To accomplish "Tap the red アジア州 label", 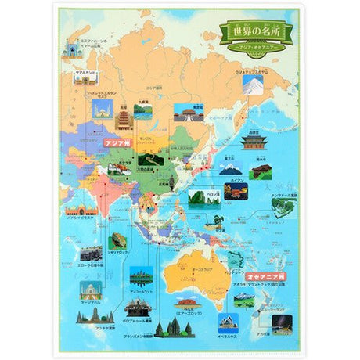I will tap(117, 143).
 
